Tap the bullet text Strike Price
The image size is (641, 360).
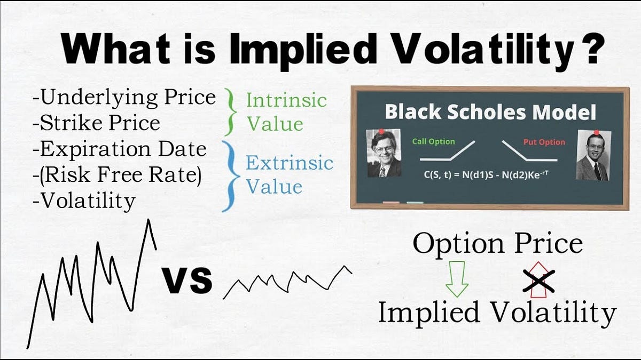[x=96, y=123]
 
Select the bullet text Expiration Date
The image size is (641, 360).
[x=119, y=149]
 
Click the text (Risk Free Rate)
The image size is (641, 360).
[x=117, y=175]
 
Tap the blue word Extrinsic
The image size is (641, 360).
[x=289, y=162]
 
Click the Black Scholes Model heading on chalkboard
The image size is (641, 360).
[x=490, y=112]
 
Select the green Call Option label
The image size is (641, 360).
[x=433, y=141]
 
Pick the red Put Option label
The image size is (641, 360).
[x=544, y=142]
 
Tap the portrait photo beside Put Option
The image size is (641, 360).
[x=592, y=156]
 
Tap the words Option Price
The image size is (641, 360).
[x=497, y=244]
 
